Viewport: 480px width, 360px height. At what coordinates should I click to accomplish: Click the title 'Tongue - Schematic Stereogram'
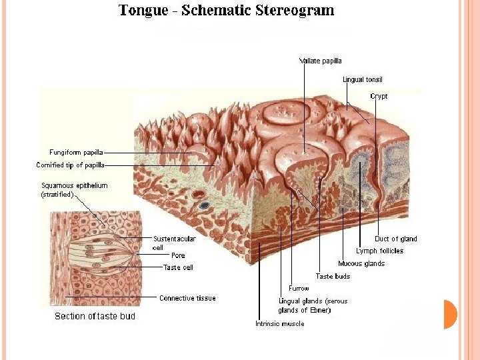click(226, 11)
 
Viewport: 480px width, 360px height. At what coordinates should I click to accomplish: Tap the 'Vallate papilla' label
click(320, 61)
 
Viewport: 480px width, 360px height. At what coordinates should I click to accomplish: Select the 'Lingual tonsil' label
click(362, 80)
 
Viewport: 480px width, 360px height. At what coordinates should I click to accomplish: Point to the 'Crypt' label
click(379, 97)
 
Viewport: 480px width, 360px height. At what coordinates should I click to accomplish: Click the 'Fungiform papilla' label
click(76, 153)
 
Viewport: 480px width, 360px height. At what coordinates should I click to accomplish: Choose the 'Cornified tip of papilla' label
click(70, 165)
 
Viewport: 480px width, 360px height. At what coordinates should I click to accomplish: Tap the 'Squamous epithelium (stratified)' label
click(75, 190)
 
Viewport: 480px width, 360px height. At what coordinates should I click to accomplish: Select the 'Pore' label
click(178, 255)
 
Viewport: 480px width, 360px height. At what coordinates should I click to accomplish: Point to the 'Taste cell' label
click(179, 267)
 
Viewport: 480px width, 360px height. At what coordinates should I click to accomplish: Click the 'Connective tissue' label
click(187, 298)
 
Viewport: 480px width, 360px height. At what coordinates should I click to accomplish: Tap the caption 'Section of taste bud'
click(95, 316)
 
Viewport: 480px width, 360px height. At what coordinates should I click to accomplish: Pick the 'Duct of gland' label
click(395, 239)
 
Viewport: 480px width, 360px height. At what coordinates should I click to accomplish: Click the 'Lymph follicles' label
click(379, 251)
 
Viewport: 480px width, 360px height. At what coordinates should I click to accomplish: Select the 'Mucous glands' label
click(361, 264)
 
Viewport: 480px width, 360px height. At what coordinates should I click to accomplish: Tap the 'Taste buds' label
click(333, 276)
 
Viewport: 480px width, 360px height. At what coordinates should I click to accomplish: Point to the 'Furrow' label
click(299, 289)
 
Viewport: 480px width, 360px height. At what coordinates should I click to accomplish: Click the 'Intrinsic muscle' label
click(279, 324)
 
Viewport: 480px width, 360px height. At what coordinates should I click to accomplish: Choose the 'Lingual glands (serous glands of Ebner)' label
click(313, 306)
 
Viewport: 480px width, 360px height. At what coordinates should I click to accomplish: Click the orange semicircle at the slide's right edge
click(450, 315)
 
